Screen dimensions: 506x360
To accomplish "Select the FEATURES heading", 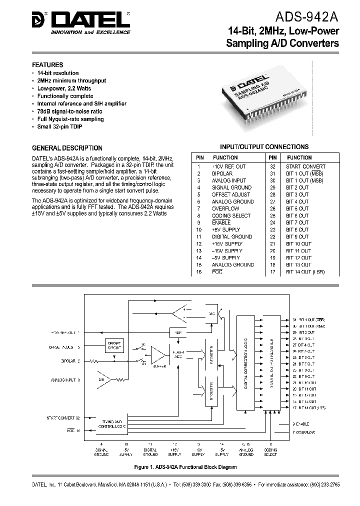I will [x=47, y=65].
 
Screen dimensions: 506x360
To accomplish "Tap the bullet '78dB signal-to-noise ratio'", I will [x=69, y=111].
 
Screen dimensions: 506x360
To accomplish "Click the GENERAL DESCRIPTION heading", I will [x=67, y=148].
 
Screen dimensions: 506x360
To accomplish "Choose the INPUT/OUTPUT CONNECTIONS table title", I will [x=264, y=146].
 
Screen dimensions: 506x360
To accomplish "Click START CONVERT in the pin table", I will [x=305, y=166].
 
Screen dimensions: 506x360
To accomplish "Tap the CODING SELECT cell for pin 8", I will [x=231, y=215].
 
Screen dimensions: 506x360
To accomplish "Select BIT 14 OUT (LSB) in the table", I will [x=305, y=271].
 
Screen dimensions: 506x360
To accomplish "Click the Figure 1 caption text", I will [x=185, y=467].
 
